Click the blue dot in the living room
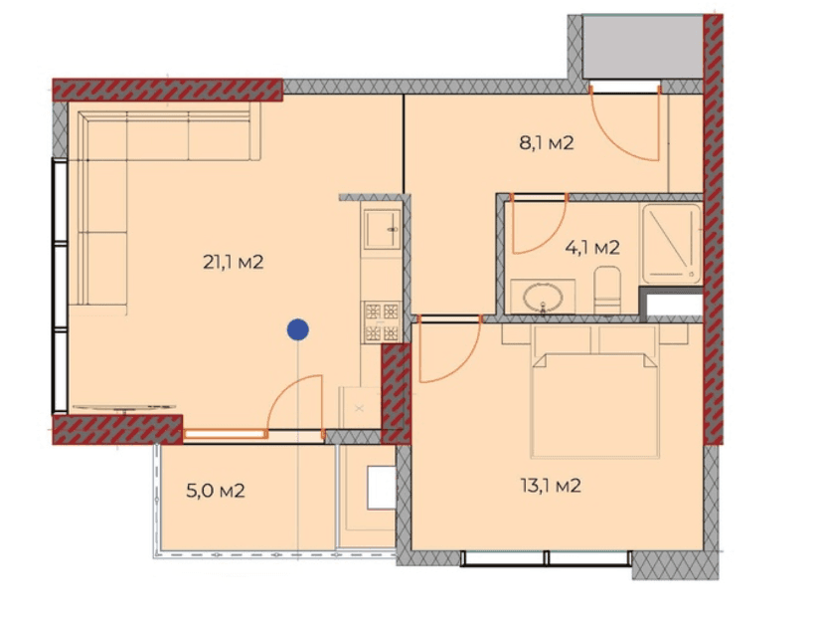(x=296, y=329)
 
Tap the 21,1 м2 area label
(x=232, y=263)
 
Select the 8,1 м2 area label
(x=546, y=143)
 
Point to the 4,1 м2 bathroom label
(x=592, y=248)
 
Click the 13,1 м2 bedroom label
(x=552, y=487)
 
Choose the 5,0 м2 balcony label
(x=216, y=491)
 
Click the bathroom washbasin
(x=543, y=296)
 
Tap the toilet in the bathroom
(x=607, y=290)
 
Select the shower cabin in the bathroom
(x=672, y=242)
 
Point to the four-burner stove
(x=382, y=321)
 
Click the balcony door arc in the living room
(x=298, y=403)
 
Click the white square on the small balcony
(x=380, y=487)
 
